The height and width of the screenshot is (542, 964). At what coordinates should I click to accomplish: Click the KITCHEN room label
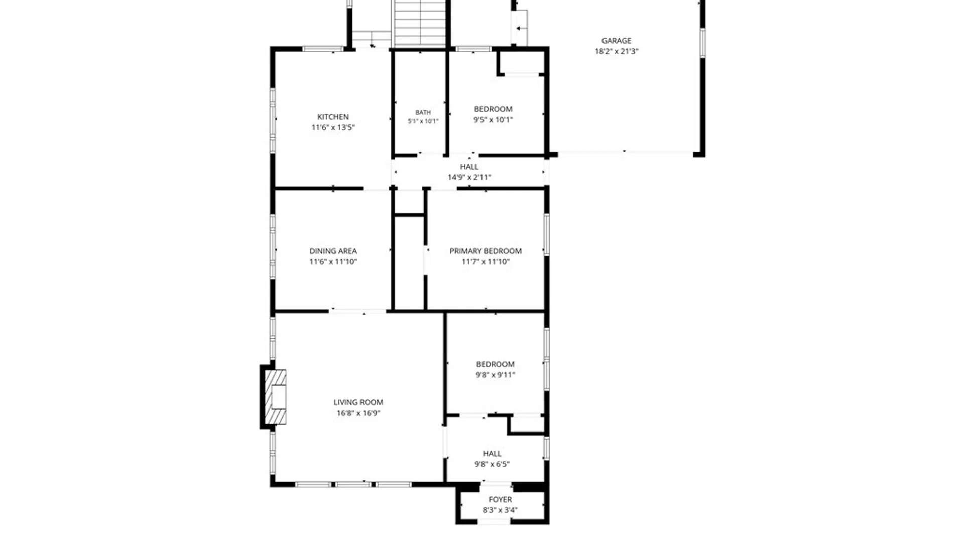click(333, 117)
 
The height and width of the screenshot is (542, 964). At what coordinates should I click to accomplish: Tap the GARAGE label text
click(616, 41)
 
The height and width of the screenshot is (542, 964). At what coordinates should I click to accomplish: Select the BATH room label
click(423, 113)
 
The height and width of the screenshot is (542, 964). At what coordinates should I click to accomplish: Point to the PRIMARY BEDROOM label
click(486, 251)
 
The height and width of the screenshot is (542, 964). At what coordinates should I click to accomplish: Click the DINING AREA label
click(333, 251)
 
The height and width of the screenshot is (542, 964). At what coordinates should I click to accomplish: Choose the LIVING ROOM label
click(358, 402)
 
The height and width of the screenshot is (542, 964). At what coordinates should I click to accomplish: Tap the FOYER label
click(500, 499)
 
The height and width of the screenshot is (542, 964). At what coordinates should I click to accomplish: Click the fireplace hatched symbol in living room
click(275, 396)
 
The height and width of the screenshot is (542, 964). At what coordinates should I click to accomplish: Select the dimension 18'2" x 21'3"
click(616, 51)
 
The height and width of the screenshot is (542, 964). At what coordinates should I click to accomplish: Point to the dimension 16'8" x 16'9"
click(358, 413)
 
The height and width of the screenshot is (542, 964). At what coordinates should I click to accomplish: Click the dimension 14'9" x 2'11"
click(469, 177)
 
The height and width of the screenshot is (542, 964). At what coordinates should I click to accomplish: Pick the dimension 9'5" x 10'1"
click(493, 120)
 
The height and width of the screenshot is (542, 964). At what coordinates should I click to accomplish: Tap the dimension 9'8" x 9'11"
click(495, 375)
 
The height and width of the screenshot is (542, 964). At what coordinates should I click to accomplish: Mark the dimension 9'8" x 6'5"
click(492, 464)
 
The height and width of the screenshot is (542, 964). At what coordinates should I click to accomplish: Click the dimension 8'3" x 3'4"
click(500, 510)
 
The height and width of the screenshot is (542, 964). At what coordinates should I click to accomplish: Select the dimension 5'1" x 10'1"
click(423, 121)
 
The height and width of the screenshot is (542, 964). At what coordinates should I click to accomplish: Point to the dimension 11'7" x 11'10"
click(486, 261)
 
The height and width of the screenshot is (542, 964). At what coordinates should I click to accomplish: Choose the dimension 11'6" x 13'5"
click(333, 127)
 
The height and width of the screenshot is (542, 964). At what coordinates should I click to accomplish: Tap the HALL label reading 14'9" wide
click(469, 167)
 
